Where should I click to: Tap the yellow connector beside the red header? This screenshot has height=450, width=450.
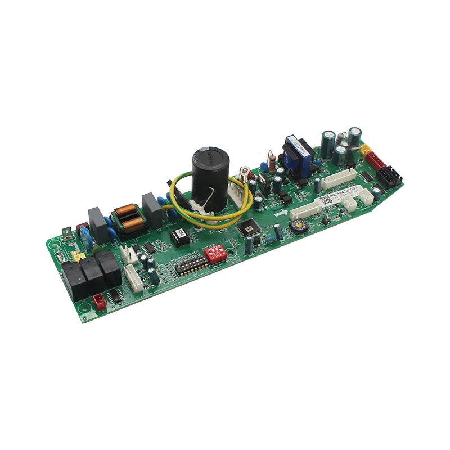point(365,150)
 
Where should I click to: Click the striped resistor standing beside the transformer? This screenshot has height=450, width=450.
point(273,164)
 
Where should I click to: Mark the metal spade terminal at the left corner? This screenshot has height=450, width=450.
point(66,231)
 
